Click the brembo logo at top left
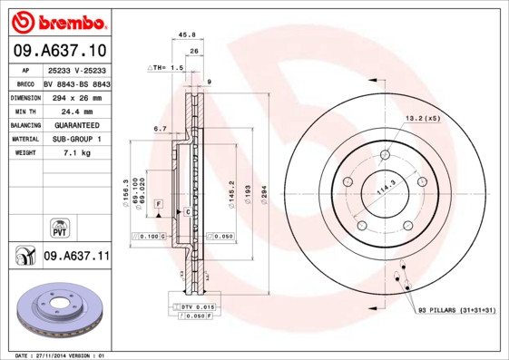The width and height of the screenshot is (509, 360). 57,21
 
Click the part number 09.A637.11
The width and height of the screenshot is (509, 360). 76,257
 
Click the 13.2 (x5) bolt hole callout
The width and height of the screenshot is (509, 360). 422,118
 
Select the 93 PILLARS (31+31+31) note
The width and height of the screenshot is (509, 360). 457,311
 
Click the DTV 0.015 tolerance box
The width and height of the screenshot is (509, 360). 193,308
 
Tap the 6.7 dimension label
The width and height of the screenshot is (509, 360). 160,129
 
